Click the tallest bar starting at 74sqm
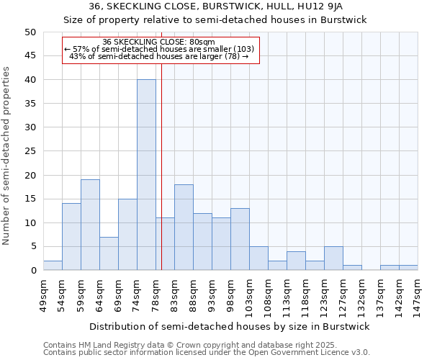point(146,175)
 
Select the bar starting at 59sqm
point(90,225)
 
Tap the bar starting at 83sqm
point(184,228)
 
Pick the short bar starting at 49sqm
point(53,266)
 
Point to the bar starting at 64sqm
point(109,253)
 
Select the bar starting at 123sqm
point(333,258)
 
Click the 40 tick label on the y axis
point(30,80)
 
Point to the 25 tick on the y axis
point(30,151)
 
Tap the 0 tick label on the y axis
point(32,271)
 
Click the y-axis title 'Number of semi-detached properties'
point(7,156)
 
